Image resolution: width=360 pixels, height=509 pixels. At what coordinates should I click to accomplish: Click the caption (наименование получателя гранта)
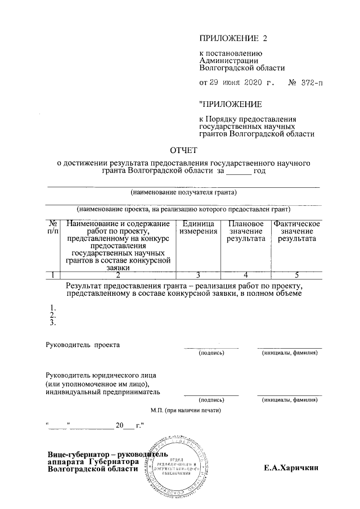coord(183,192)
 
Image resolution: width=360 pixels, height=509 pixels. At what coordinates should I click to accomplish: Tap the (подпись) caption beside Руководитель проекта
coord(211,353)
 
